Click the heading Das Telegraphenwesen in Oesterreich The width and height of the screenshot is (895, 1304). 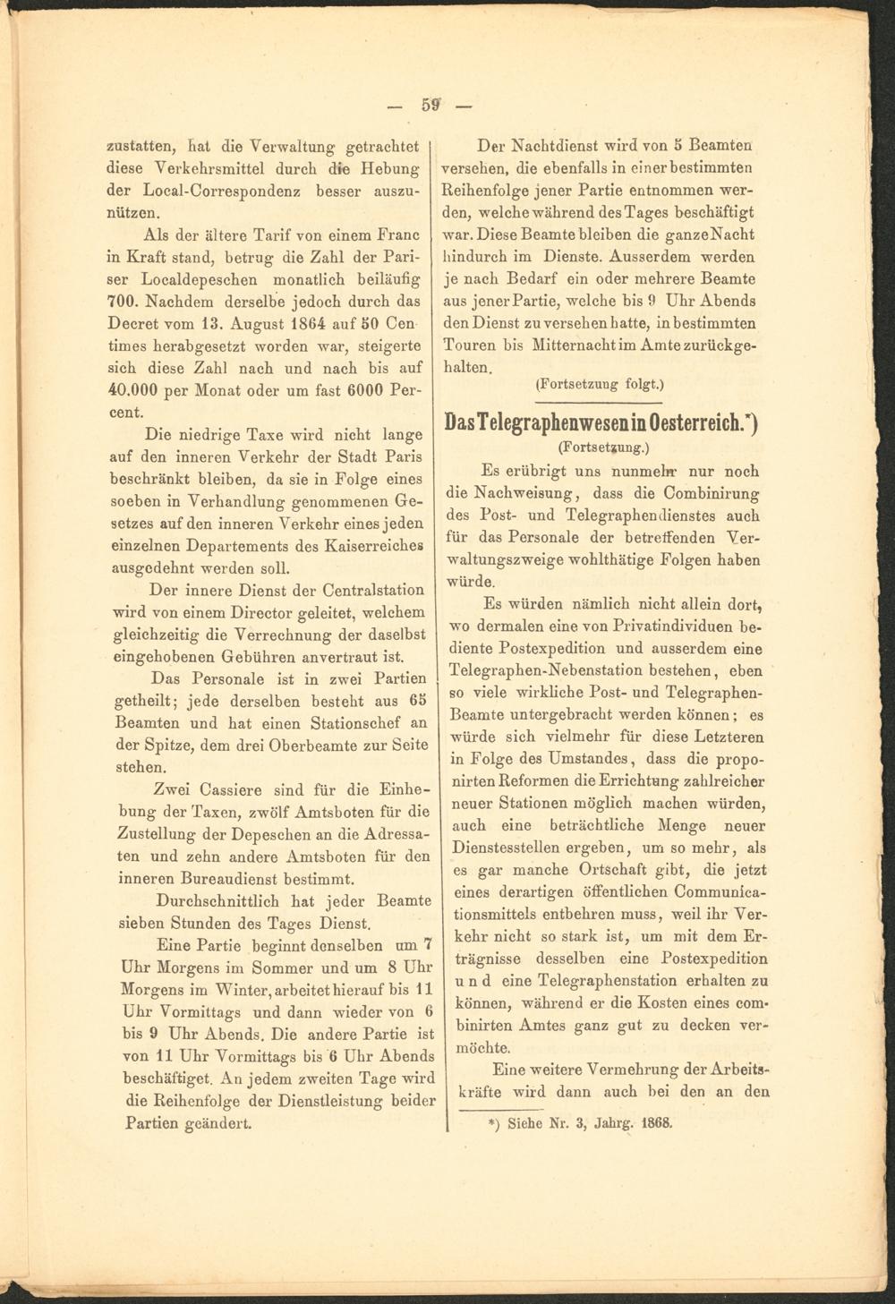coord(601,422)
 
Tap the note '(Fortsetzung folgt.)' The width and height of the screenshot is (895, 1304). coord(598,386)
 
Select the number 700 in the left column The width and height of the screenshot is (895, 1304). coord(122,302)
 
